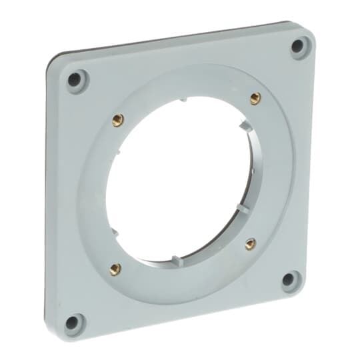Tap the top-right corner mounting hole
pyautogui.click(x=299, y=46)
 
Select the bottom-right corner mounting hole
pyautogui.click(x=289, y=280)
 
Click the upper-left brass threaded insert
pyautogui.click(x=118, y=120)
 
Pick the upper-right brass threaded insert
pyautogui.click(x=255, y=99)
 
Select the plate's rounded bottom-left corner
pyautogui.click(x=56, y=337)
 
